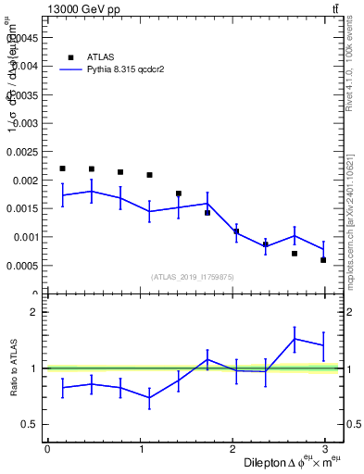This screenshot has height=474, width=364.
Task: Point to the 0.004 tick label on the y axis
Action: click(25, 66)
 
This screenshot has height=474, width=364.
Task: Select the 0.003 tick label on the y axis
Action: click(25, 123)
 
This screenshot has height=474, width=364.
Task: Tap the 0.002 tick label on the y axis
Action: click(25, 180)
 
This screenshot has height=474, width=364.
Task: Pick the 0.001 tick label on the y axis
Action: click(25, 237)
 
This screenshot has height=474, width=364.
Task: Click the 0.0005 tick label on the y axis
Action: click(23, 266)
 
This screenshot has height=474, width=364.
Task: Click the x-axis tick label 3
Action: click(329, 449)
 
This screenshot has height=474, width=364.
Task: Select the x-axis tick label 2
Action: click(234, 449)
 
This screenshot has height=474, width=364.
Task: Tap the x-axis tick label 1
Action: click(141, 449)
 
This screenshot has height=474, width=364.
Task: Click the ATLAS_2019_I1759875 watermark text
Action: click(194, 277)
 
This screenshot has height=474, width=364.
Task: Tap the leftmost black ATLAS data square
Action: click(62, 168)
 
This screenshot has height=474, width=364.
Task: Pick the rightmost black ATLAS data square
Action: click(323, 260)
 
